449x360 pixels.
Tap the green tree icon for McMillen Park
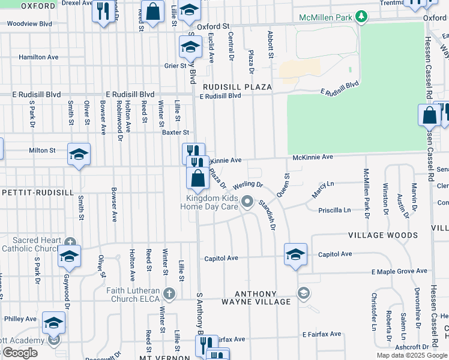click(x=361, y=16)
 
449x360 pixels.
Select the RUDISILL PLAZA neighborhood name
click(x=237, y=87)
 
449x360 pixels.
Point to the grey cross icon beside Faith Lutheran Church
click(x=170, y=293)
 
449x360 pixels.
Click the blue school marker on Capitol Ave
click(x=296, y=255)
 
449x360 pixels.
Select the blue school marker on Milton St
click(x=79, y=155)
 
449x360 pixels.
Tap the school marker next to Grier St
click(x=191, y=47)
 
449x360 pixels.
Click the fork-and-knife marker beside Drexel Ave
click(x=103, y=11)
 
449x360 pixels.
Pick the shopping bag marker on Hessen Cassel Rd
click(x=430, y=116)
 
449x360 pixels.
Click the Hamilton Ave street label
click(x=38, y=57)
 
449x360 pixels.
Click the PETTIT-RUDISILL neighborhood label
click(x=37, y=193)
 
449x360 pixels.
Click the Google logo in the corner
click(x=20, y=353)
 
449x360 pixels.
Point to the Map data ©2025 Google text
click(x=412, y=355)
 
